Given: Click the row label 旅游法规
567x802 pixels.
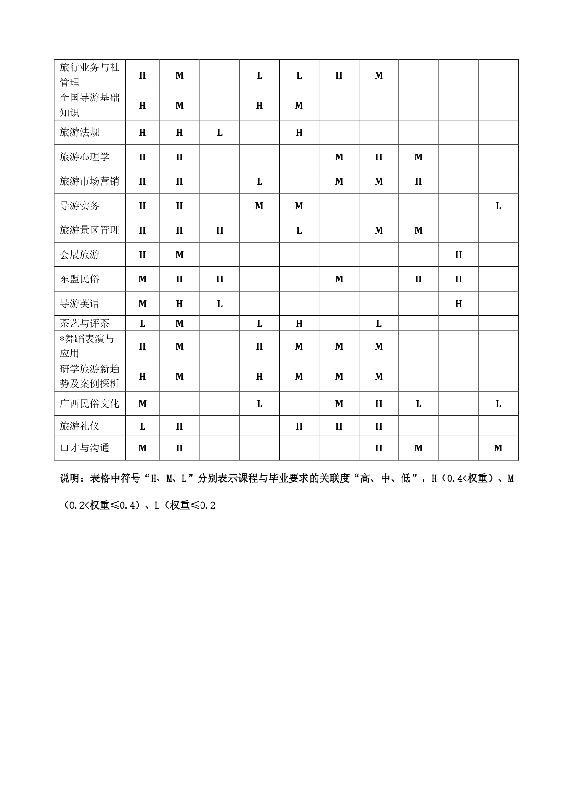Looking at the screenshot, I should tap(79, 133).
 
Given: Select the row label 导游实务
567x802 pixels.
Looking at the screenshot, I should tap(79, 206).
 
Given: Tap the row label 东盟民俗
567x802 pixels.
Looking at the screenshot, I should tap(79, 279).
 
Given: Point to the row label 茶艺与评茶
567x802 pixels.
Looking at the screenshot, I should tap(85, 324).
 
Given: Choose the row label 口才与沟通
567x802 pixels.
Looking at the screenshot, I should tap(85, 448).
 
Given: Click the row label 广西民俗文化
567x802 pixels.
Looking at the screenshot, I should tap(90, 404).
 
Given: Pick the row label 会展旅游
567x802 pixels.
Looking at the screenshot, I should tap(79, 255).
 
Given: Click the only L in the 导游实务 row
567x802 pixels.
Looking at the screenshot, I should tap(498, 206).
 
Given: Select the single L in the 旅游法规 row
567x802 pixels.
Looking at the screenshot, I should tap(220, 133).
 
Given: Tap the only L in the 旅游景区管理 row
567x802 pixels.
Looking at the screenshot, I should tap(299, 230).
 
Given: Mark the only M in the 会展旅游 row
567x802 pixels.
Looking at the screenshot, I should tap(180, 255).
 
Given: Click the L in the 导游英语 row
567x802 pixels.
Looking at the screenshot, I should tap(220, 304).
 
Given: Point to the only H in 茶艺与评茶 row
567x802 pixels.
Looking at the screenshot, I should tap(299, 324).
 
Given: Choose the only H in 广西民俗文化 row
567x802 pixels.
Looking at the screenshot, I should tap(379, 404).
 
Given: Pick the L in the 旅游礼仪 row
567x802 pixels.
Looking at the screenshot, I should tap(143, 426).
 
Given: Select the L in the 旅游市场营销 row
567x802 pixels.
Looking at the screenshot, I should tap(260, 181).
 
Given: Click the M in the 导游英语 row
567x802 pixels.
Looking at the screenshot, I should tap(143, 304).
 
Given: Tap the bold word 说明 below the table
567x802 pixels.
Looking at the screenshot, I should tap(69, 478).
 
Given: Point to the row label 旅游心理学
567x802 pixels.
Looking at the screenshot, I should tap(85, 157).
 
